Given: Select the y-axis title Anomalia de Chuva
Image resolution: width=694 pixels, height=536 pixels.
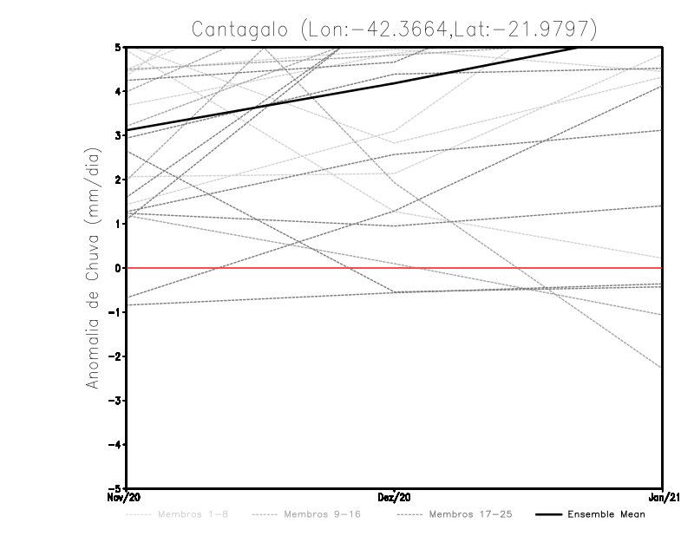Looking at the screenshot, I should pos(93,268).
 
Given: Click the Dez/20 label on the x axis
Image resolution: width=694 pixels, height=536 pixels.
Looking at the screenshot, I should pos(395,497).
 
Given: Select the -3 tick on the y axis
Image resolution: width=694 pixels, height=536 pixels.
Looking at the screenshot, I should pos(115,401).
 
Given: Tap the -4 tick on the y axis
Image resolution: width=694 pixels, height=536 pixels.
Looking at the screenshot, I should pos(115,444).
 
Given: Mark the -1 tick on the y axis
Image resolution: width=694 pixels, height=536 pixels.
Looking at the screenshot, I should pos(115,312).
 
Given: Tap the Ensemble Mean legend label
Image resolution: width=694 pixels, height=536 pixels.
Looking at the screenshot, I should pos(606,514).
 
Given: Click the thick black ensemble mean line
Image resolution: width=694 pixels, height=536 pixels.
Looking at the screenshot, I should pos(395,83).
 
